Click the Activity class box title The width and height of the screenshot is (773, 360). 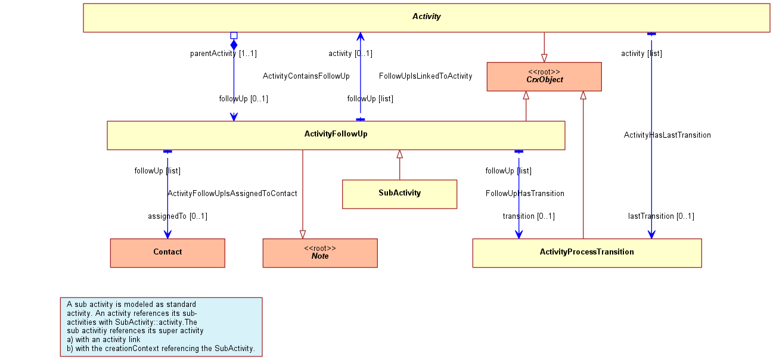pyautogui.click(x=427, y=17)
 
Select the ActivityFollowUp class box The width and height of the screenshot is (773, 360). pyautogui.click(x=336, y=135)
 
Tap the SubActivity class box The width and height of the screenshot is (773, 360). pyautogui.click(x=400, y=194)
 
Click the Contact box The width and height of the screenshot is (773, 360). pyautogui.click(x=167, y=253)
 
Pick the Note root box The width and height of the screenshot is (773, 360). pyautogui.click(x=320, y=253)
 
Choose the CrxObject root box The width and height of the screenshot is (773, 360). pyautogui.click(x=544, y=77)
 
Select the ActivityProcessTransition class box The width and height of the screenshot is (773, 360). pyautogui.click(x=587, y=253)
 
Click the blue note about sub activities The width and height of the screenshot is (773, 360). pyautogui.click(x=161, y=327)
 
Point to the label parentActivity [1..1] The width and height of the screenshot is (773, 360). pyautogui.click(x=223, y=54)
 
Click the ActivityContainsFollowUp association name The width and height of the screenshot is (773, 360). pyautogui.click(x=306, y=76)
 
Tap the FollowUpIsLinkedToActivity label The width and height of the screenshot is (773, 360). pyautogui.click(x=426, y=76)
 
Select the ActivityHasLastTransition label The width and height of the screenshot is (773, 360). pyautogui.click(x=667, y=135)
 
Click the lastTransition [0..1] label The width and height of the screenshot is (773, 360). pyautogui.click(x=661, y=216)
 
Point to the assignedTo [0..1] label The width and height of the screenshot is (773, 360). pyautogui.click(x=178, y=216)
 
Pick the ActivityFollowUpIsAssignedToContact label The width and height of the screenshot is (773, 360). pyautogui.click(x=232, y=193)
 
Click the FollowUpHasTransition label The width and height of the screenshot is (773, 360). pyautogui.click(x=525, y=193)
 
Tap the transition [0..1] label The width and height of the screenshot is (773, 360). pyautogui.click(x=529, y=216)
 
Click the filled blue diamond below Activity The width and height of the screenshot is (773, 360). pyautogui.click(x=234, y=45)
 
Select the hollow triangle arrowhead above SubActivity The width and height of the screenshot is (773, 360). pyautogui.click(x=400, y=154)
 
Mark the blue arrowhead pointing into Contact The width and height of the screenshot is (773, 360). pyautogui.click(x=167, y=234)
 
